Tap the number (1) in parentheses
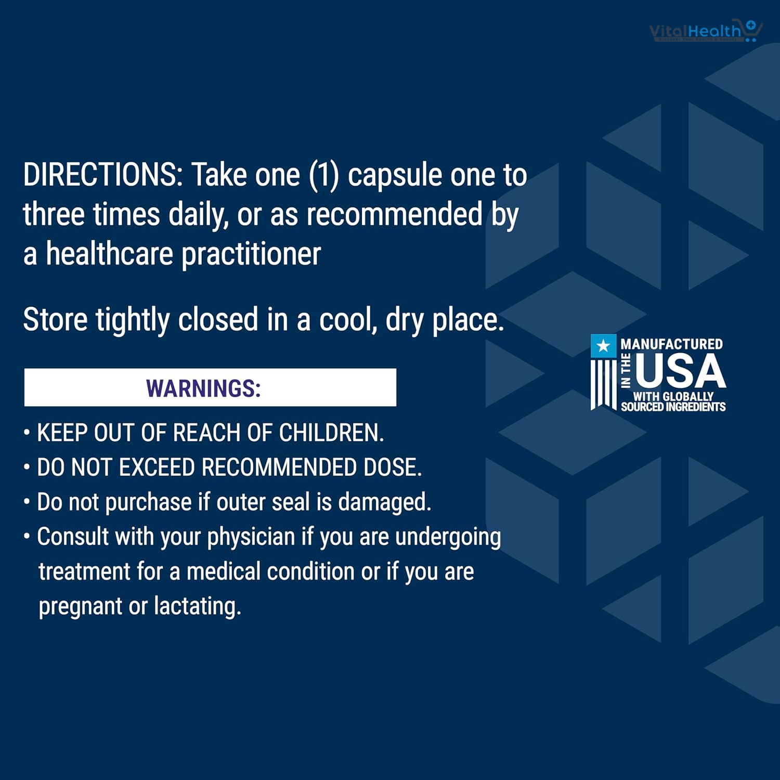(x=324, y=175)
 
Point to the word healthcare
(x=109, y=254)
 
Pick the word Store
(x=55, y=319)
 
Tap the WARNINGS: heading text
(x=203, y=388)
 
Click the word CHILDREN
(x=331, y=433)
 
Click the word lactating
(x=198, y=606)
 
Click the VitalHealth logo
(x=706, y=31)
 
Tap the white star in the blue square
(x=603, y=346)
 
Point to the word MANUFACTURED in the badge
(x=671, y=344)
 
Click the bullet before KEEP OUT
(x=27, y=433)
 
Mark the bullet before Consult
(x=27, y=537)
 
